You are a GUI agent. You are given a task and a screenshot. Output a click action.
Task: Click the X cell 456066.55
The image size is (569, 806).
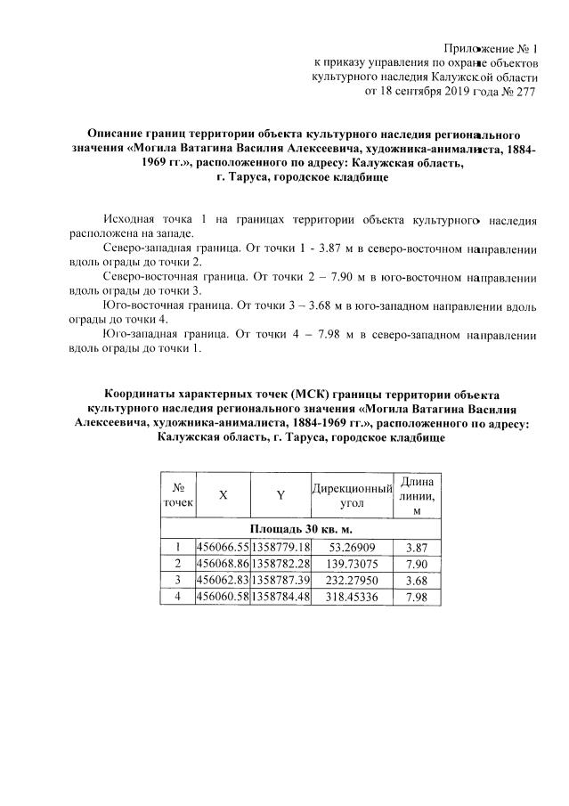[223, 546]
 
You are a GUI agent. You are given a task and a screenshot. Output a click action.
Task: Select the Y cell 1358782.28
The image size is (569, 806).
[280, 563]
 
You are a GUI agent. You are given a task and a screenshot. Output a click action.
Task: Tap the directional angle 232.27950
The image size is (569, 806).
[353, 580]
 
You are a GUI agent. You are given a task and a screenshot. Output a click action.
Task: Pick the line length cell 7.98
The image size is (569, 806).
[416, 597]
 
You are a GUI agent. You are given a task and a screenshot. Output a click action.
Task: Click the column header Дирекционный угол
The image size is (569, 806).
[353, 497]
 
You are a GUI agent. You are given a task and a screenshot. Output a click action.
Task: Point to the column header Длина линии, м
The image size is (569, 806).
[416, 496]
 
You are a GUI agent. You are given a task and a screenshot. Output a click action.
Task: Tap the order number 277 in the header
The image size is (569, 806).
[527, 91]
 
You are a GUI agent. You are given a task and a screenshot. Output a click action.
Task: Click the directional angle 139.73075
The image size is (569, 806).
[353, 563]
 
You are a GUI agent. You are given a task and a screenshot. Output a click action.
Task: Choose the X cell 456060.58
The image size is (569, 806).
[223, 597]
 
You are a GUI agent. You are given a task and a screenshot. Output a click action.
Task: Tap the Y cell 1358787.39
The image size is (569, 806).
[280, 580]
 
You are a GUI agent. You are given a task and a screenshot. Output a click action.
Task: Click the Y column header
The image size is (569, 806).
[280, 497]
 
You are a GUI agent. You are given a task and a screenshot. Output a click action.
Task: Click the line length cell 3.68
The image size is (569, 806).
[416, 580]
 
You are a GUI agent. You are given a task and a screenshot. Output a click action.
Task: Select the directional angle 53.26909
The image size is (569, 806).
[353, 546]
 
